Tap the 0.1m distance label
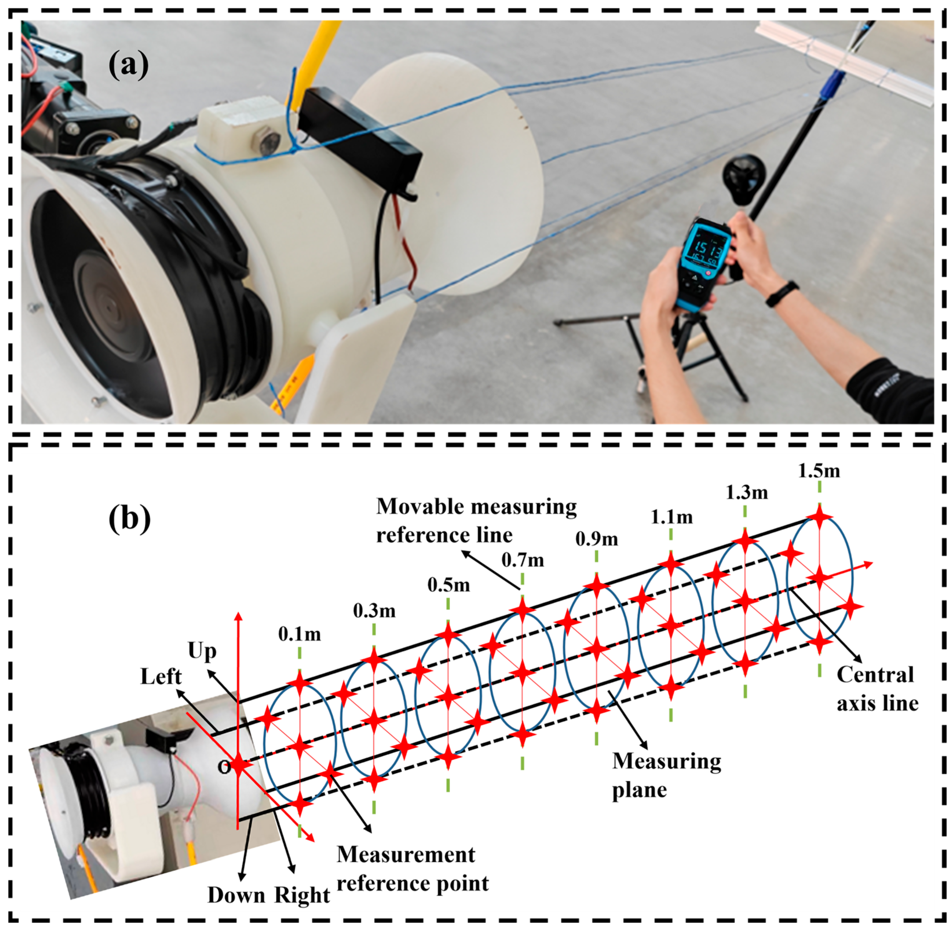(300, 634)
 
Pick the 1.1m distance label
(672, 517)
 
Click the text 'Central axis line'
(877, 689)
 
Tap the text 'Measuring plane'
(666, 775)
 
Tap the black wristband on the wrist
(782, 293)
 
